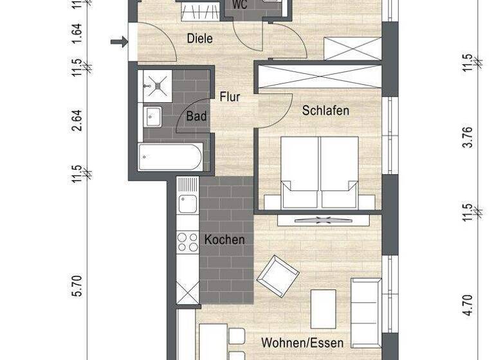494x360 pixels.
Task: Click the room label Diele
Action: click(199, 39)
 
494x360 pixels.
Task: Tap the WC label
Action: click(240, 4)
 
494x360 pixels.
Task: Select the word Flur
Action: click(230, 97)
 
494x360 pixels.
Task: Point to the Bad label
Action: click(197, 116)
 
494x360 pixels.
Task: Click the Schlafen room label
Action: click(325, 111)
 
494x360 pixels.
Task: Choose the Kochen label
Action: click(224, 240)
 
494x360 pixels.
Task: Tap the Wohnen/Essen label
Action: click(302, 343)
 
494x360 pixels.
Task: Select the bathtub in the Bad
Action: click(170, 157)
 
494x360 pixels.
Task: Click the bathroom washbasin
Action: click(154, 116)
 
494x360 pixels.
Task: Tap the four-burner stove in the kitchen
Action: click(188, 242)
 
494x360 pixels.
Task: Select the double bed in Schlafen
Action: click(320, 172)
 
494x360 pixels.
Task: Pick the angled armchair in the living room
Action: click(277, 276)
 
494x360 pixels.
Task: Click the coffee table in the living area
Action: click(323, 309)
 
